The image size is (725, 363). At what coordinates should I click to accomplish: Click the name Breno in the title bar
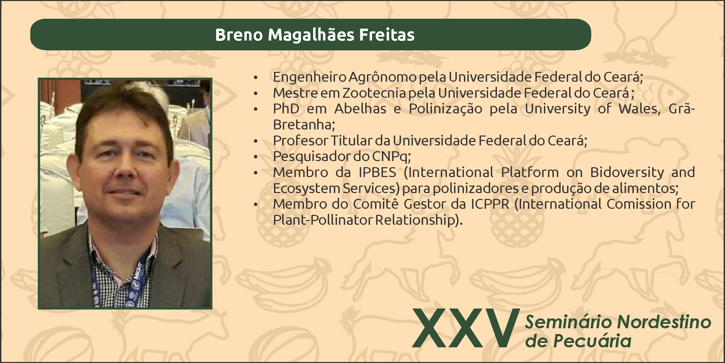click(x=239, y=35)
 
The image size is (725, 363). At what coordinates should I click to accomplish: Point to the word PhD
click(x=286, y=109)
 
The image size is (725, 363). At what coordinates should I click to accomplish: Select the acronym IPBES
click(x=377, y=172)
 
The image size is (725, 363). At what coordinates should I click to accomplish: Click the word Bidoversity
click(x=627, y=173)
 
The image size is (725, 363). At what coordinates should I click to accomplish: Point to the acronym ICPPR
click(x=490, y=204)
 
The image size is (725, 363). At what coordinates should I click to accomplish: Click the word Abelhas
click(x=360, y=109)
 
